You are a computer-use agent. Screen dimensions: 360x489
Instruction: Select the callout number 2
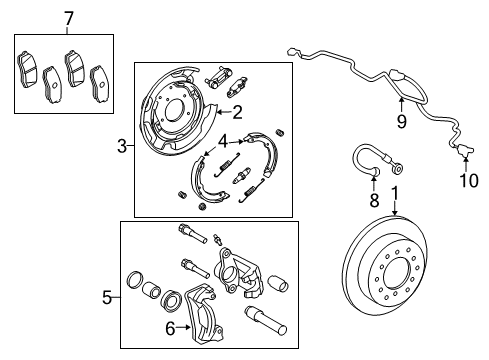tap(238, 112)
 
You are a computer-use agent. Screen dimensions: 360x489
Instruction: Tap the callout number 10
tap(464, 180)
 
